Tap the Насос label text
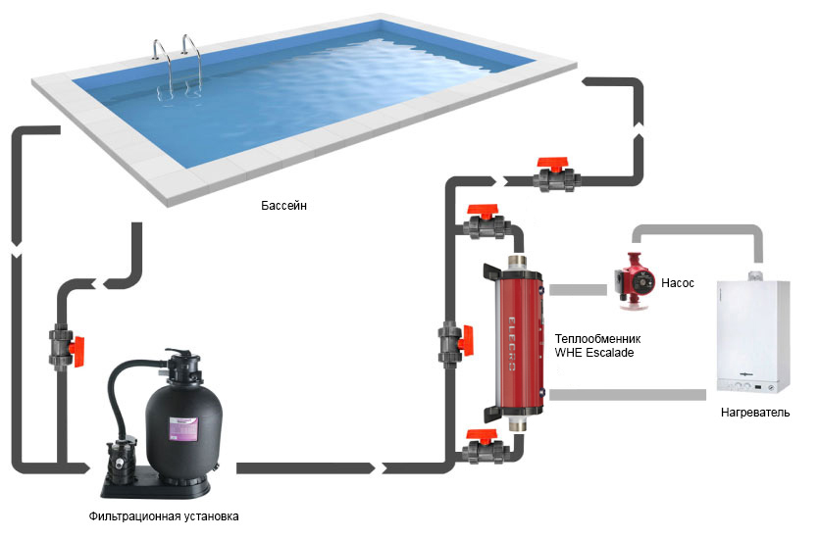click(678, 282)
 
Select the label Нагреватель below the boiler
click(754, 413)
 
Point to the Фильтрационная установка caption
click(163, 515)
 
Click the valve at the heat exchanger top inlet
click(485, 222)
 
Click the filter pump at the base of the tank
click(124, 461)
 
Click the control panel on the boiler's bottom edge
click(752, 383)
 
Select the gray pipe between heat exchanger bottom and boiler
click(627, 394)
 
